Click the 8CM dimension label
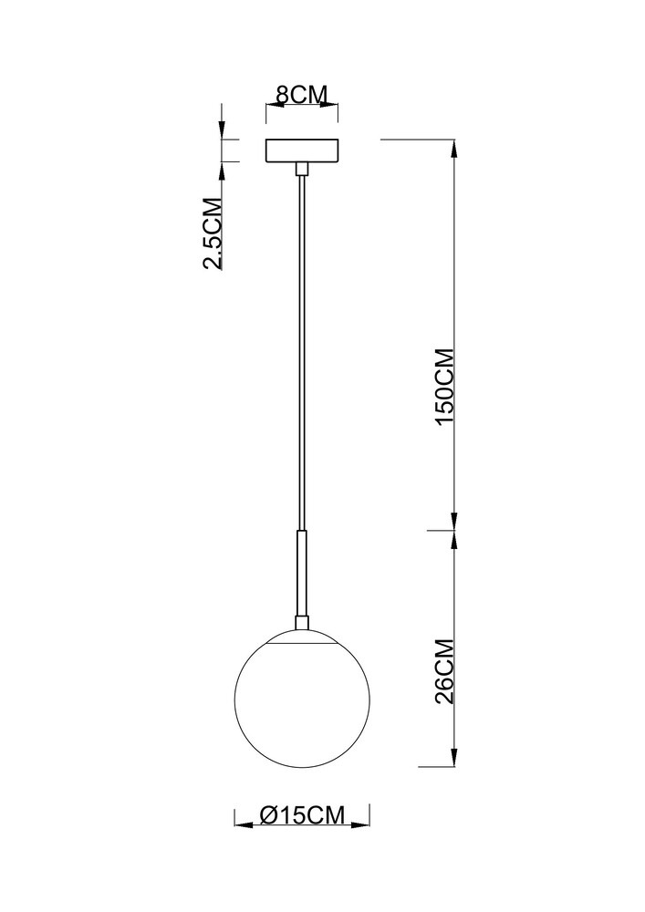(x=301, y=94)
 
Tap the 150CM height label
(x=445, y=387)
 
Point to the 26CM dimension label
(x=445, y=672)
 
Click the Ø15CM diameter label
(x=302, y=814)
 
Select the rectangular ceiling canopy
(x=302, y=151)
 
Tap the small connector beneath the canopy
(x=302, y=170)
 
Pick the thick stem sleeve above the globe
(x=302, y=573)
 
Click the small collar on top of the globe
(x=302, y=623)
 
